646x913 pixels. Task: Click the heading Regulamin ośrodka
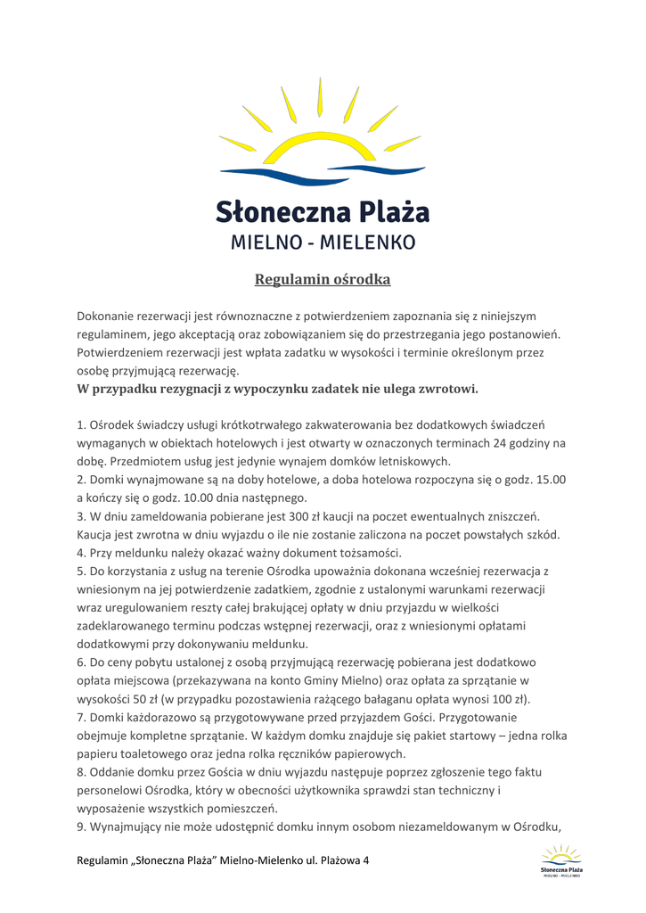point(323,280)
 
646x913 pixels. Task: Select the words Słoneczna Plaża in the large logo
point(323,213)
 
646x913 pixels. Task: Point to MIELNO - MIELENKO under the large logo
point(323,242)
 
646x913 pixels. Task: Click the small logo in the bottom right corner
point(561,861)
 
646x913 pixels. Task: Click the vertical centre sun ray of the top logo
point(319,100)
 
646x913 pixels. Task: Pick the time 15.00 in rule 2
point(551,480)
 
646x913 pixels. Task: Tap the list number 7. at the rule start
point(82,717)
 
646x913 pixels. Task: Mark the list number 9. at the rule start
point(82,827)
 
